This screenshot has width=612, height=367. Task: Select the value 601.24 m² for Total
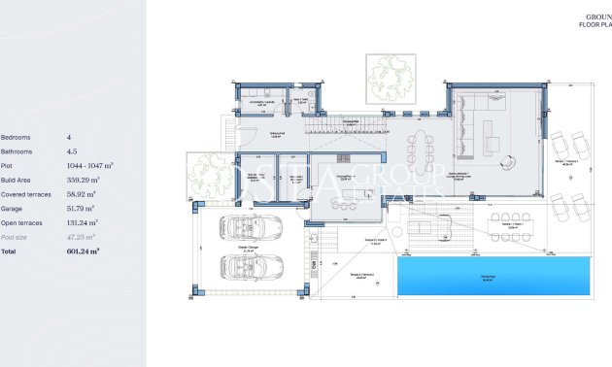(x=83, y=250)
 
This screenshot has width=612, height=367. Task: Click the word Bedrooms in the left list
(x=17, y=138)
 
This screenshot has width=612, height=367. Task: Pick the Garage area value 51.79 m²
(x=80, y=209)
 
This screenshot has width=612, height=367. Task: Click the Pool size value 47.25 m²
(x=81, y=237)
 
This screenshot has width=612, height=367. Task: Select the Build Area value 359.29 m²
(x=84, y=181)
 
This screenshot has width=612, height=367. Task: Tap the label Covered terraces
(x=26, y=194)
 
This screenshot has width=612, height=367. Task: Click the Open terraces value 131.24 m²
(x=84, y=222)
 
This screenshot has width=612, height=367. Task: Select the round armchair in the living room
(x=493, y=146)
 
